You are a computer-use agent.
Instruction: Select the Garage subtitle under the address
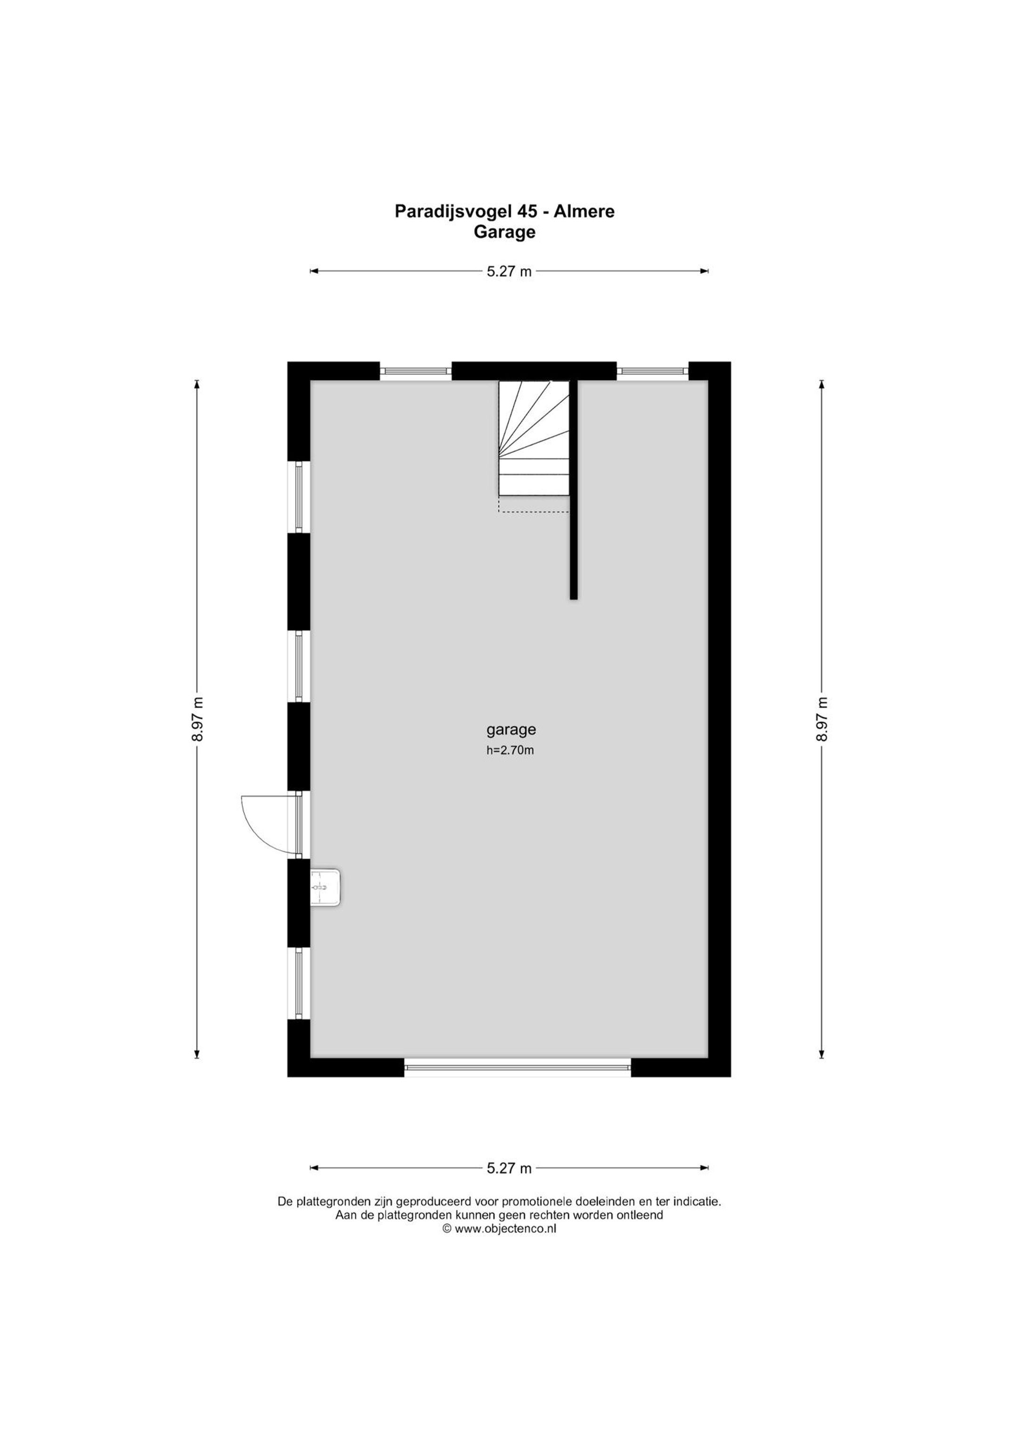click(x=505, y=232)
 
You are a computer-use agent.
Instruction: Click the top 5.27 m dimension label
click(x=509, y=271)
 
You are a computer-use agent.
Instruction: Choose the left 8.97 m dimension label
click(x=197, y=719)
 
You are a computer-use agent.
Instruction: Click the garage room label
click(x=511, y=730)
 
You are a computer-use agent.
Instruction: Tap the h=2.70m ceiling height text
click(x=510, y=750)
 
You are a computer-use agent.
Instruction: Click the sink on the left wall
click(x=325, y=887)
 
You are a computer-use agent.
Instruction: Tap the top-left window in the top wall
click(x=416, y=371)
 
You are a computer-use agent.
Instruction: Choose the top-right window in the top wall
click(x=653, y=371)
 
